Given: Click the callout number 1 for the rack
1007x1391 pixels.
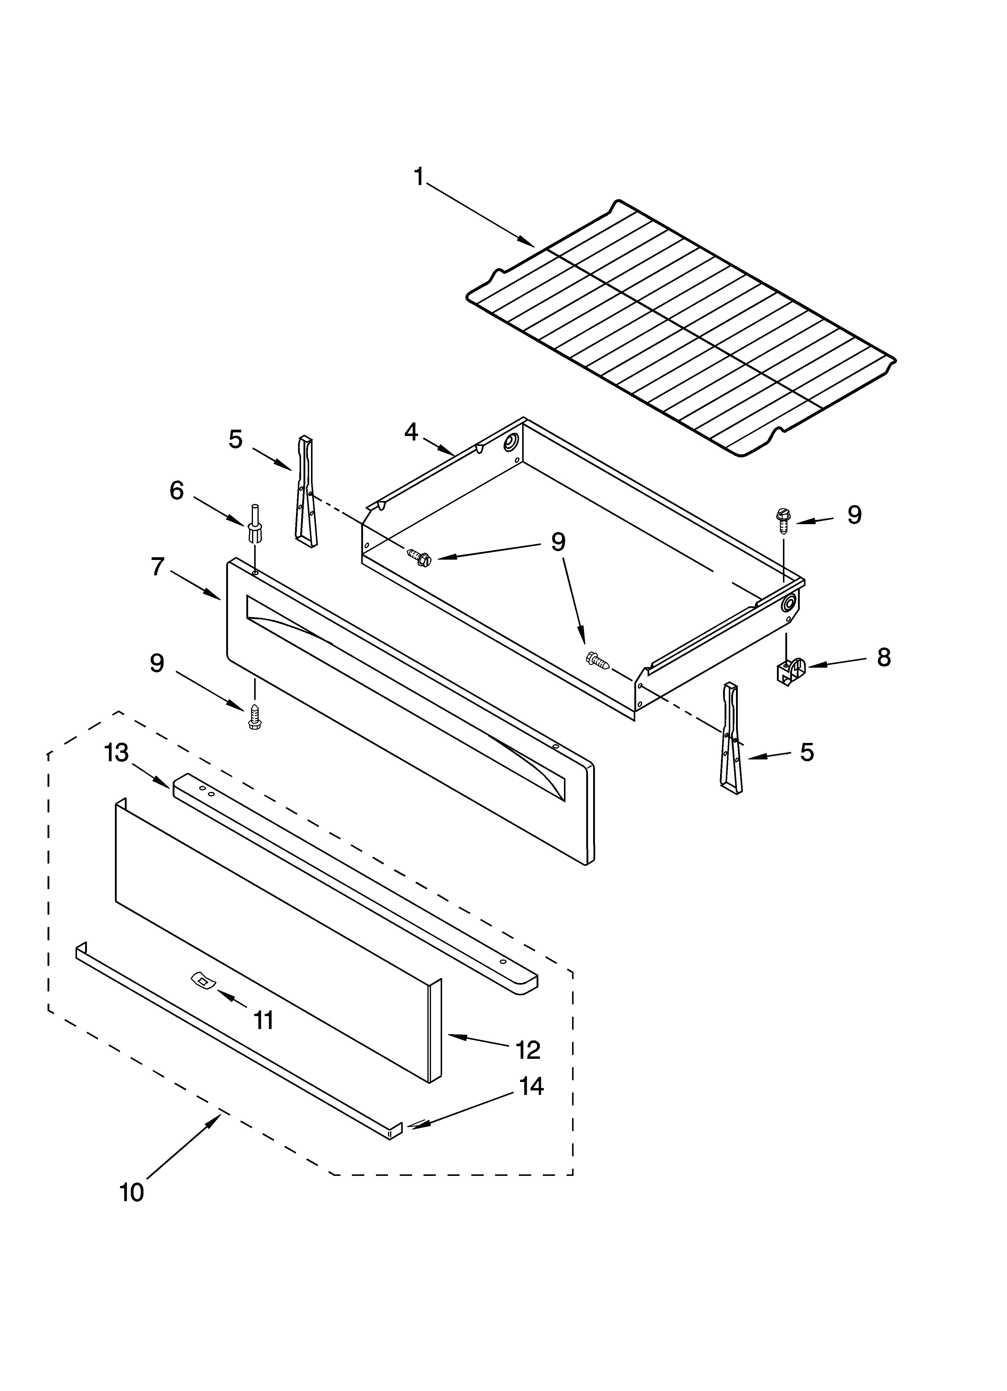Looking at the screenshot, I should click(419, 177).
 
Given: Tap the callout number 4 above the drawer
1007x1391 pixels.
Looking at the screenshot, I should click(411, 432).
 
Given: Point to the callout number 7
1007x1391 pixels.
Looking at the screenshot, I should click(158, 567).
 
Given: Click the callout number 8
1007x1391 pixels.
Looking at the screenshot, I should click(883, 657).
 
